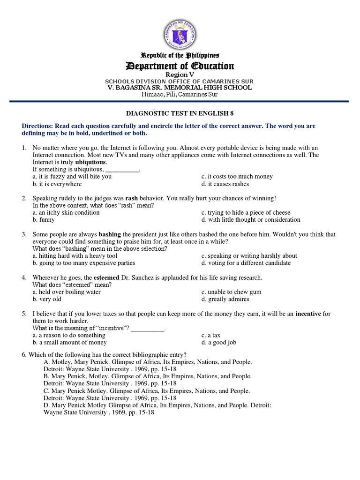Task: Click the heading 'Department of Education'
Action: tap(180, 66)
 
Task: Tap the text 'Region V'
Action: tap(180, 75)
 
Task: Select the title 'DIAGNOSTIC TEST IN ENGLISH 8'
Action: tap(180, 113)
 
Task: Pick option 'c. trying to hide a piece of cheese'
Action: tap(246, 212)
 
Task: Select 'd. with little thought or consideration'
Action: tap(251, 219)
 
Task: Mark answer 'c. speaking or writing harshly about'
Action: tap(249, 255)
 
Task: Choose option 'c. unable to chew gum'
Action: tap(231, 292)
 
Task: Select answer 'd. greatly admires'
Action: tap(225, 299)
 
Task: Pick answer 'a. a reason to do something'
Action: tap(69, 335)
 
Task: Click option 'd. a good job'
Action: tap(218, 342)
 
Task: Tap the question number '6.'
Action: tap(24, 354)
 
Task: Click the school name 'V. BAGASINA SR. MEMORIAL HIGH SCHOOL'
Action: tap(180, 88)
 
